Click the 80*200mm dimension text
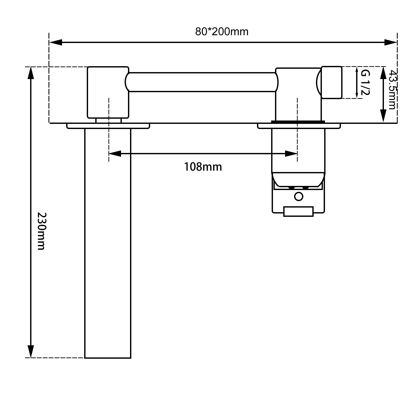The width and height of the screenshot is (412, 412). point(222,32)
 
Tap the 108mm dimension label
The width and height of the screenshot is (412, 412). point(203,167)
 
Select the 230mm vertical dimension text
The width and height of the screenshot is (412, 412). point(41,231)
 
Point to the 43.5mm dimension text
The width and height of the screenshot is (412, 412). point(391,90)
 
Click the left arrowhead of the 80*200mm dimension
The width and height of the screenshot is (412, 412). point(55,42)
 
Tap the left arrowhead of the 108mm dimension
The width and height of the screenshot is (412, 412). point(115,154)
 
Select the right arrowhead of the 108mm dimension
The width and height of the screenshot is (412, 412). point(291,154)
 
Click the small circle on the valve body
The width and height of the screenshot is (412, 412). point(298,197)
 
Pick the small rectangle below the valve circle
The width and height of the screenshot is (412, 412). point(298,211)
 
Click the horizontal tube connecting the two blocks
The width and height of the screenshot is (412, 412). point(202,82)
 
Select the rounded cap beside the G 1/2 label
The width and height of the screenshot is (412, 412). point(332,82)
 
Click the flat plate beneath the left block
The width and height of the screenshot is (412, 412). point(108,126)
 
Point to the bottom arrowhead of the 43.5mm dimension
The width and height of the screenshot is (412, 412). point(383,116)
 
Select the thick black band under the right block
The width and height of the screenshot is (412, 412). point(298,122)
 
